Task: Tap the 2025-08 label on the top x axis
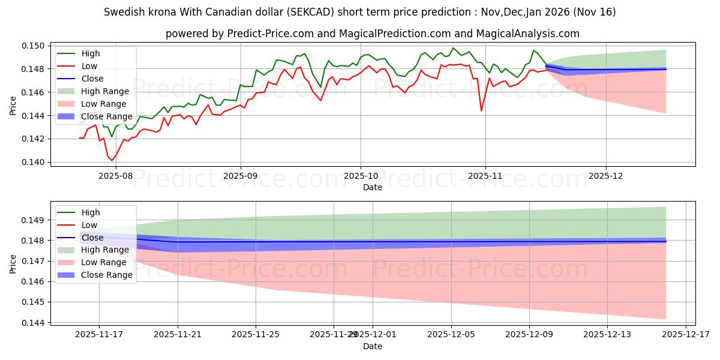click(115, 176)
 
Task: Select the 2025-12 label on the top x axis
click(606, 176)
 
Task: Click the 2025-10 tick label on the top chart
click(361, 176)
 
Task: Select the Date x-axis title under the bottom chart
click(373, 346)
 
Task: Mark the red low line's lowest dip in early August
click(112, 160)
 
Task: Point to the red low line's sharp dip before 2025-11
click(481, 110)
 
